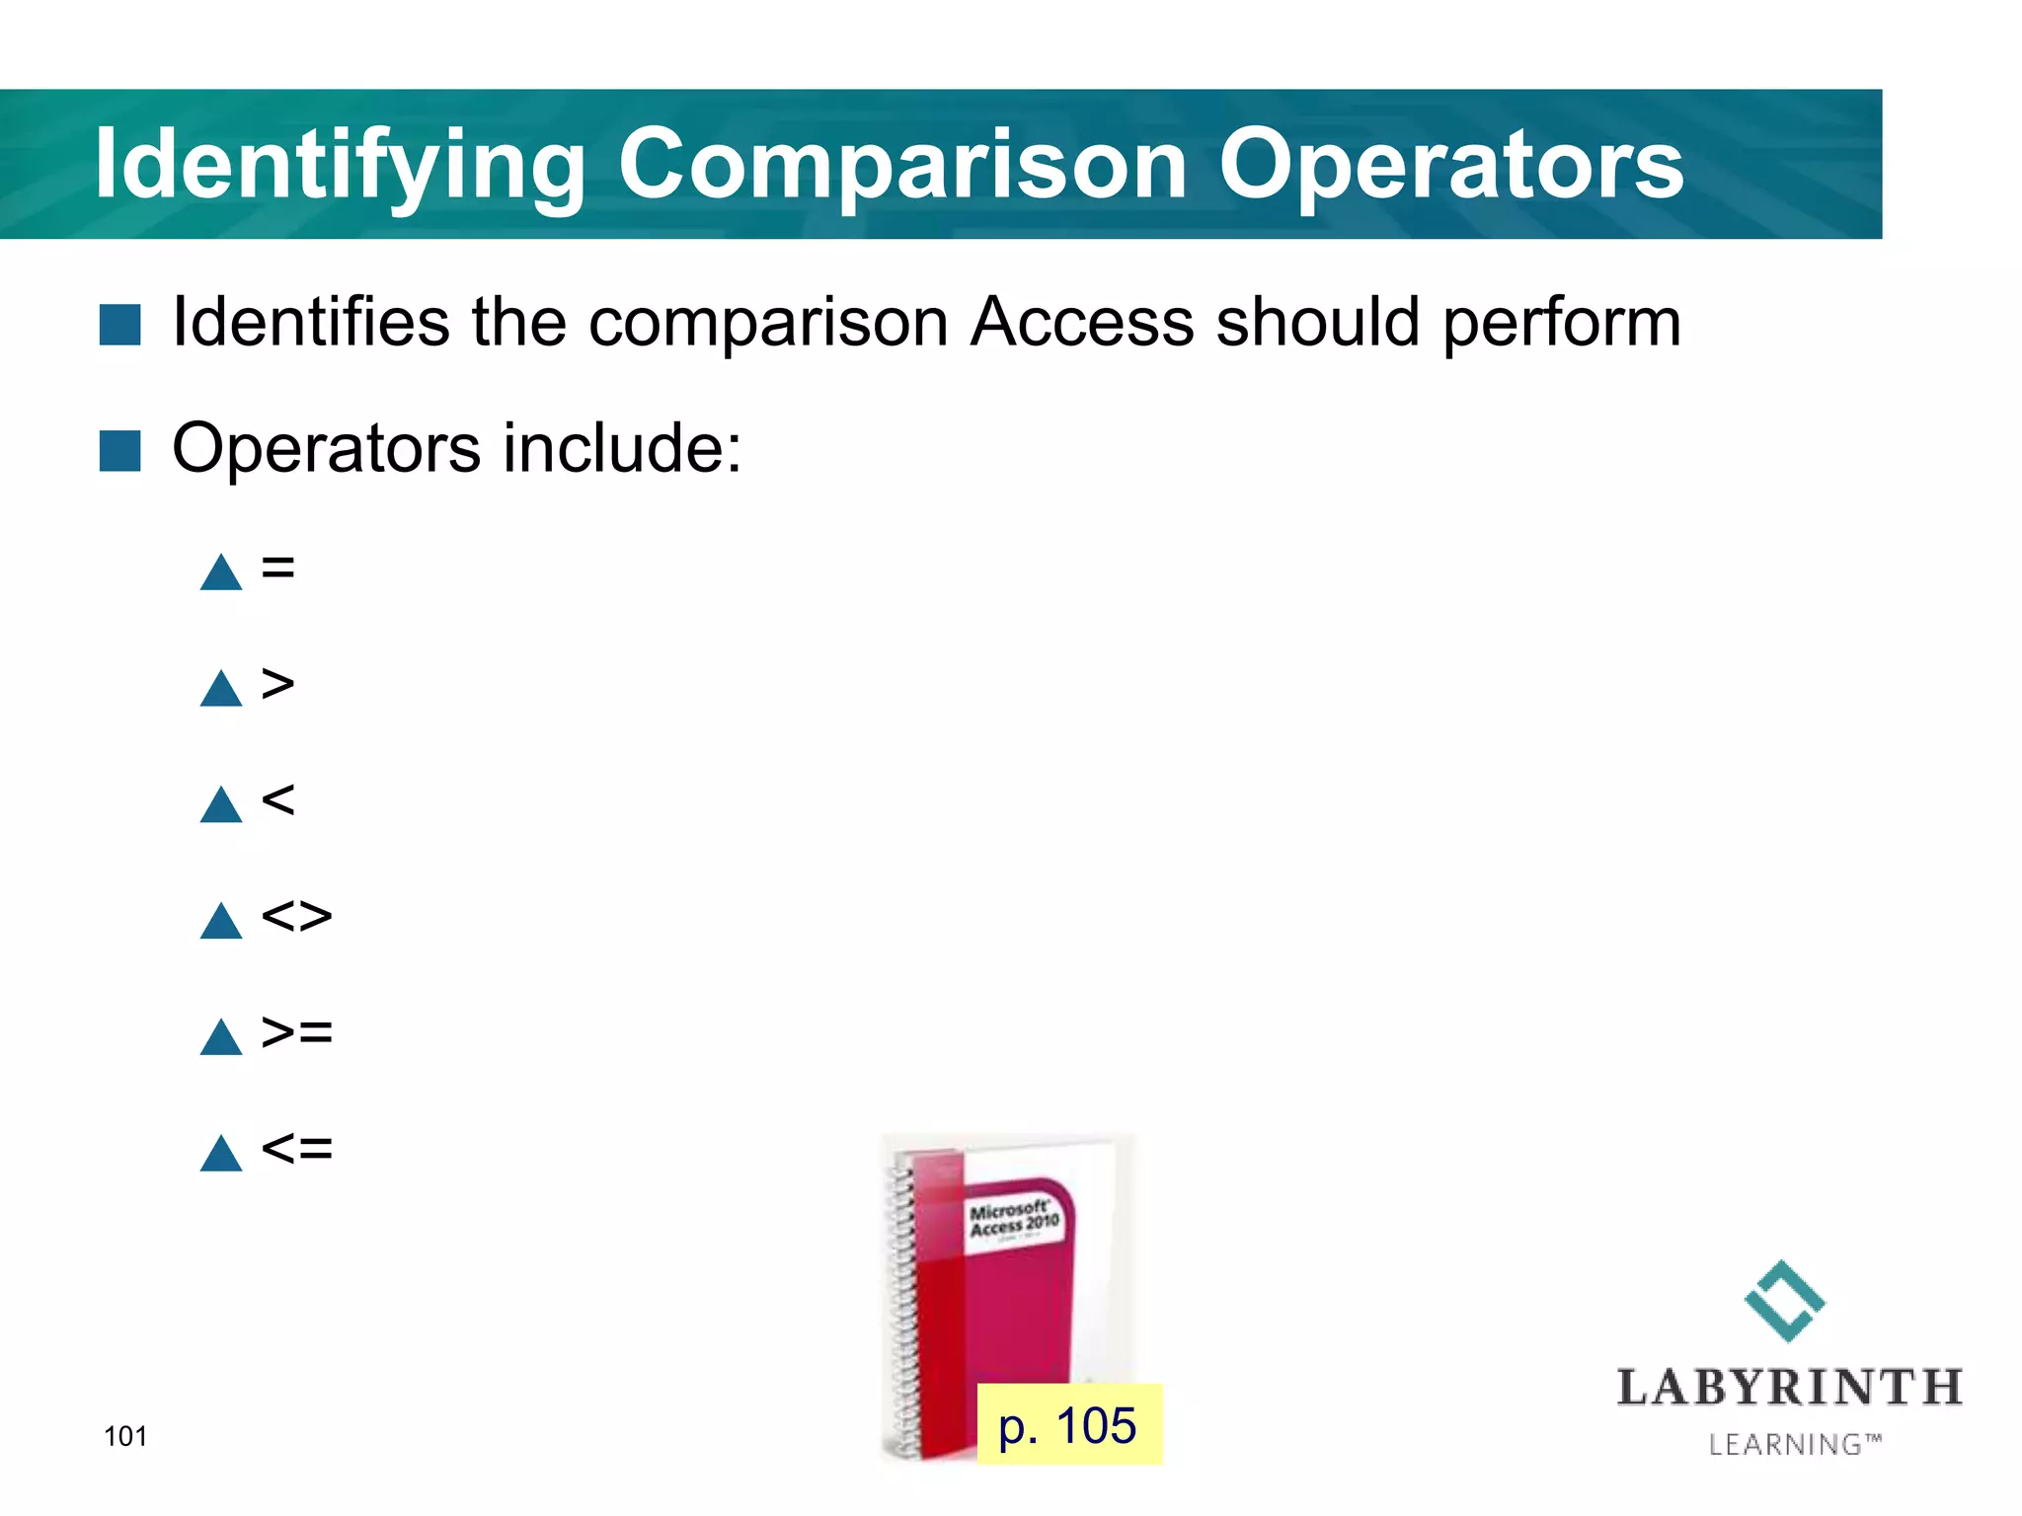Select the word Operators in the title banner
(x=1450, y=165)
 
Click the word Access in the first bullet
(x=1081, y=323)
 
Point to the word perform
(x=1561, y=325)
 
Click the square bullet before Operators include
(x=120, y=451)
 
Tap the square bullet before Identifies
(x=120, y=325)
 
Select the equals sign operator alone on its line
(x=278, y=568)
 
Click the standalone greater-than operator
(x=278, y=683)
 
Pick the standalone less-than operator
(x=278, y=799)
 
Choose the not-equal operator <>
(x=296, y=916)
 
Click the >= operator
(x=296, y=1032)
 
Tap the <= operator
(x=296, y=1149)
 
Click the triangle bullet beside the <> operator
(x=221, y=922)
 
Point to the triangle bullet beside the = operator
(x=221, y=573)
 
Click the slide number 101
(x=125, y=1436)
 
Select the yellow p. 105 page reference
(x=1068, y=1425)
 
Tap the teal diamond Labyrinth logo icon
(x=1784, y=1301)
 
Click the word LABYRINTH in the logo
(x=1789, y=1388)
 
